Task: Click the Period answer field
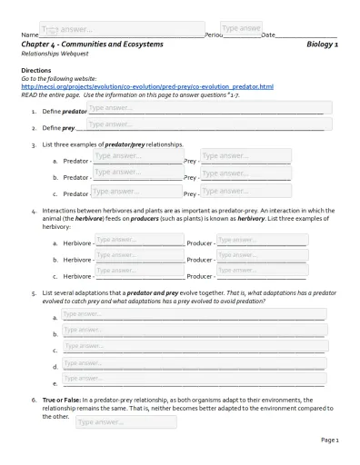(241, 29)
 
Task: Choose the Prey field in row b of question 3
(233, 173)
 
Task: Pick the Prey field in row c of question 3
(233, 191)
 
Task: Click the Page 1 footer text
(329, 440)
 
